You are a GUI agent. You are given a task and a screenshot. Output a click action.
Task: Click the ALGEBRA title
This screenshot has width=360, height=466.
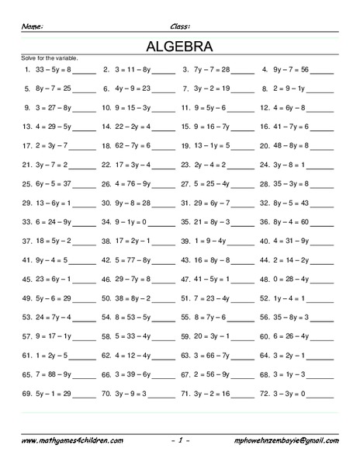coord(180,45)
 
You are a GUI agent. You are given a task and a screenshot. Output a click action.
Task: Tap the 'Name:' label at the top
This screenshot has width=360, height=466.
coord(33,26)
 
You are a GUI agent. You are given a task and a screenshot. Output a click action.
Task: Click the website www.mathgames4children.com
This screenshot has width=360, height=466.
coord(71,440)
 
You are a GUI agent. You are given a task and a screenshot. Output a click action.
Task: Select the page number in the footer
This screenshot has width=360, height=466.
coord(180,440)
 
